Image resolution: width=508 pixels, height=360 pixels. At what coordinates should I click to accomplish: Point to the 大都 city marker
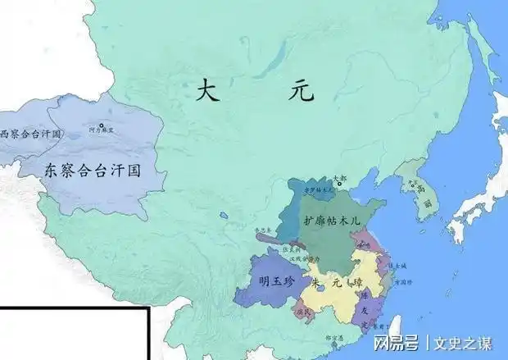coord(339,185)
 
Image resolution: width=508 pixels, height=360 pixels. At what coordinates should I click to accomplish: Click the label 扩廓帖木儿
coord(332,221)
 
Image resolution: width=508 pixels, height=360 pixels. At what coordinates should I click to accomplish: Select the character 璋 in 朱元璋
coord(356,283)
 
